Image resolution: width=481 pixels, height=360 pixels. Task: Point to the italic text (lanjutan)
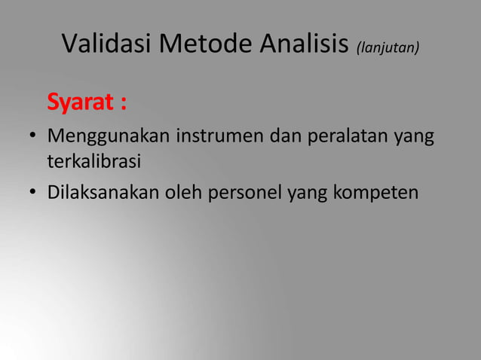[x=388, y=48]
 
